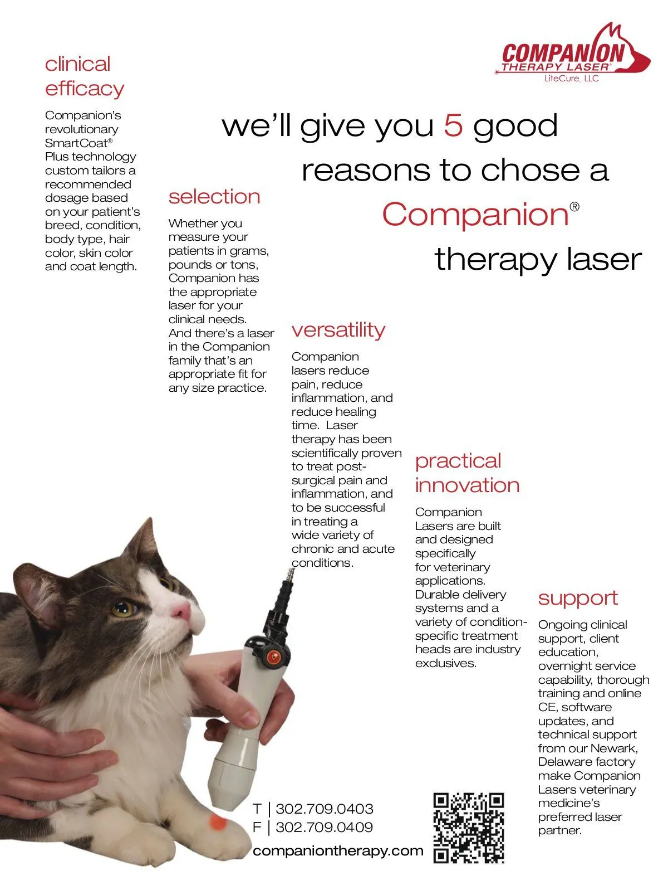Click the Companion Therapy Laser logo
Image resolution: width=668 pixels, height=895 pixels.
[572, 52]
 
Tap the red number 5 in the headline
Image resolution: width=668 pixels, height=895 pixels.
[453, 125]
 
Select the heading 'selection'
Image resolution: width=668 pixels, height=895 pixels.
[214, 197]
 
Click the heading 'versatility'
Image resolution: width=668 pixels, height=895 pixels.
[338, 330]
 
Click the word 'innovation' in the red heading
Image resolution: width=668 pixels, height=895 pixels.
[467, 485]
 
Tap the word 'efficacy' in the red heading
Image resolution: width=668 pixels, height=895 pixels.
[85, 89]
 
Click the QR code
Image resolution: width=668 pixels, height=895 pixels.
[468, 828]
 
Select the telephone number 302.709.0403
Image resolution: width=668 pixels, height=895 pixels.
[324, 809]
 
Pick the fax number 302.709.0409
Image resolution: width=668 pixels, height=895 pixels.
[324, 827]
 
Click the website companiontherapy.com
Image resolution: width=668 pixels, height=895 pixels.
[338, 851]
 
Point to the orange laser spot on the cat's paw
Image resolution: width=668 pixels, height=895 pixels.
[217, 822]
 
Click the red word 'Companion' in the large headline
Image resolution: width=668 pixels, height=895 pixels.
[475, 215]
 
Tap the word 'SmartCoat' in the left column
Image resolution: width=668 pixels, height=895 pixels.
[76, 143]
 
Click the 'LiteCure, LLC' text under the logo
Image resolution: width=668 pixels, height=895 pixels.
[572, 78]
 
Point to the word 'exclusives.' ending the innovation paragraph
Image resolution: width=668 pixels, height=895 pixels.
[445, 663]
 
